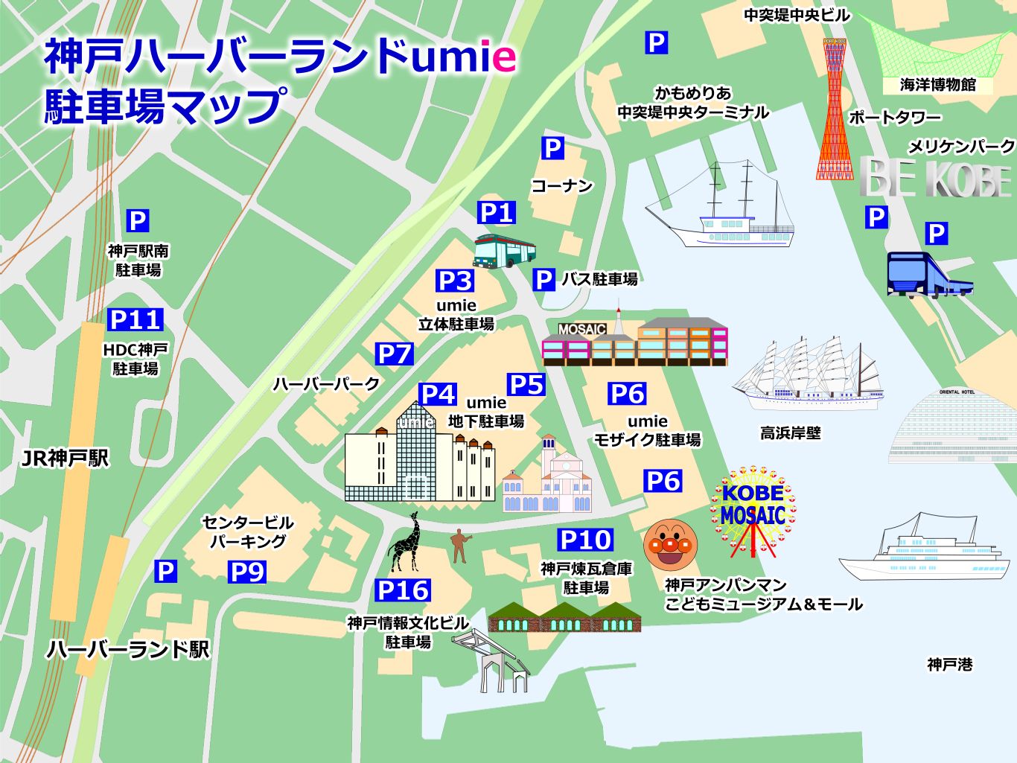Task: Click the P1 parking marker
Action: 497,212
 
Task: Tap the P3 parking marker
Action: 455,281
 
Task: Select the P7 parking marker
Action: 394,354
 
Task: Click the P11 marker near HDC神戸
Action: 135,319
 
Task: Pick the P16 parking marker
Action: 403,590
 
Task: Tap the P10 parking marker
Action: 585,540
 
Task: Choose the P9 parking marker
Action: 246,572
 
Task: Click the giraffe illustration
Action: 406,543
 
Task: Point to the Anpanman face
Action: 670,545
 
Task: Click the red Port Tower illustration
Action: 835,112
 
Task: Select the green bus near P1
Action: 504,251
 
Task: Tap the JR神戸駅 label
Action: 65,458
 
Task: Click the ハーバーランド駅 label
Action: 128,649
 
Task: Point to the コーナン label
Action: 562,185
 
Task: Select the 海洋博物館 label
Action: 937,85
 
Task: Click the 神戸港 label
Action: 950,664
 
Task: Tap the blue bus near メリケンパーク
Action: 928,275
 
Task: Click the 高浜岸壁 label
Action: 790,432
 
